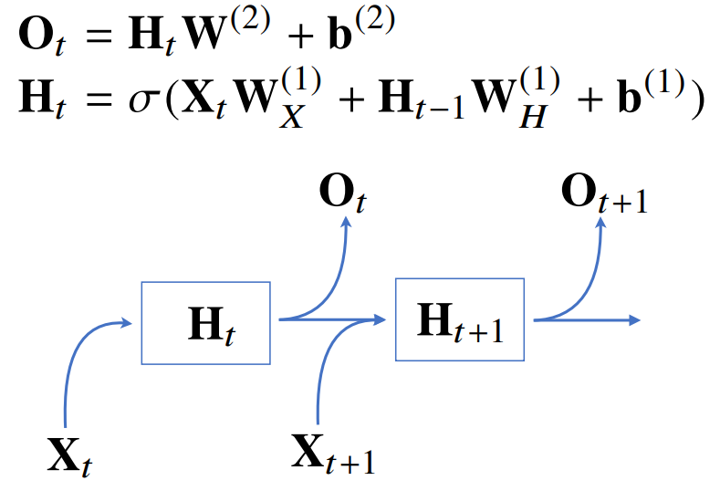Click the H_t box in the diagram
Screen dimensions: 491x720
tap(205, 322)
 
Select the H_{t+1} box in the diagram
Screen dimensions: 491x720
tap(461, 320)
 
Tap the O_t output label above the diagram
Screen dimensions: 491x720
tap(343, 193)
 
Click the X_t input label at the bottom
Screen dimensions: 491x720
tap(69, 454)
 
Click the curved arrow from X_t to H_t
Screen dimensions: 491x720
tap(77, 351)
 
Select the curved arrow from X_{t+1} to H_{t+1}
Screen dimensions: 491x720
tap(324, 365)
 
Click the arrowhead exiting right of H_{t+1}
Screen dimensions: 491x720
tap(635, 319)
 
